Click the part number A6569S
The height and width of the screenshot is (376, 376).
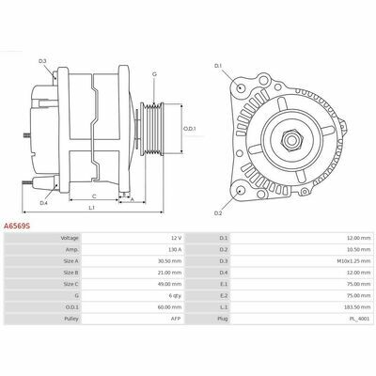(x=17, y=226)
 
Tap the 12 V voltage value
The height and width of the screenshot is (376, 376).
(x=176, y=238)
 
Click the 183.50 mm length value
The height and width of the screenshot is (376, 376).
(x=360, y=307)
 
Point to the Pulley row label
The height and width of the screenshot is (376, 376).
(x=71, y=319)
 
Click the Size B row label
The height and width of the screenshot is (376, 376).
(x=70, y=273)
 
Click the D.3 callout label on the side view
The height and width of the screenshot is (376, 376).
(x=42, y=61)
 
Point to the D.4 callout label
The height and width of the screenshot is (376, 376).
(x=43, y=203)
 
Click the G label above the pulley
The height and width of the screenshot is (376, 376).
(x=154, y=74)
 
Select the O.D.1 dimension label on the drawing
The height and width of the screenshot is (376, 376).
(x=190, y=129)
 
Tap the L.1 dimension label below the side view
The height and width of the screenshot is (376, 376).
(x=91, y=208)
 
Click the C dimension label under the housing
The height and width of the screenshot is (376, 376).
(x=94, y=196)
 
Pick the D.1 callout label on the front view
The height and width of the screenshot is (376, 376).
(x=218, y=66)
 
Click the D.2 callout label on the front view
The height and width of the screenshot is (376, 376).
(x=218, y=213)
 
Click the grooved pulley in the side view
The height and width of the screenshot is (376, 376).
(x=151, y=129)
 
